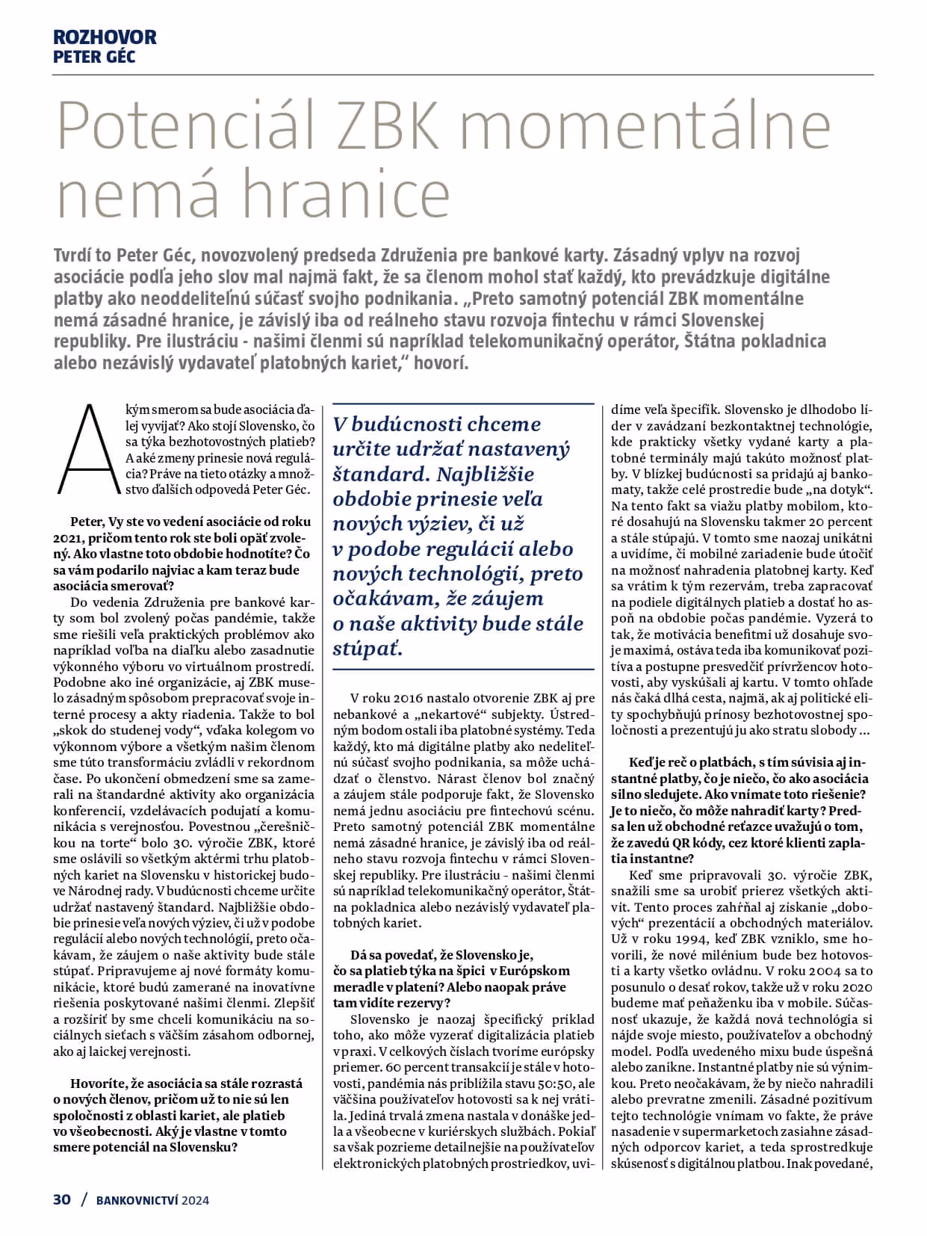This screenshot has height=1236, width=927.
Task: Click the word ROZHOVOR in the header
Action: (105, 37)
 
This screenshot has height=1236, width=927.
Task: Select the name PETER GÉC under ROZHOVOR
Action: (94, 56)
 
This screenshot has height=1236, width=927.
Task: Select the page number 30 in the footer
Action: (62, 1199)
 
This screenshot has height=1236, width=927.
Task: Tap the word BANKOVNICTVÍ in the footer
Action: (136, 1201)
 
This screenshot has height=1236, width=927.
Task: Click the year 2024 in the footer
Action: (195, 1201)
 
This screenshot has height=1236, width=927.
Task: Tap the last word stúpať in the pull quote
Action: (368, 649)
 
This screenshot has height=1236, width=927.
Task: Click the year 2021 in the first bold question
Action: (69, 538)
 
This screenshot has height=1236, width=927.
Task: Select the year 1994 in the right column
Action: (686, 939)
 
